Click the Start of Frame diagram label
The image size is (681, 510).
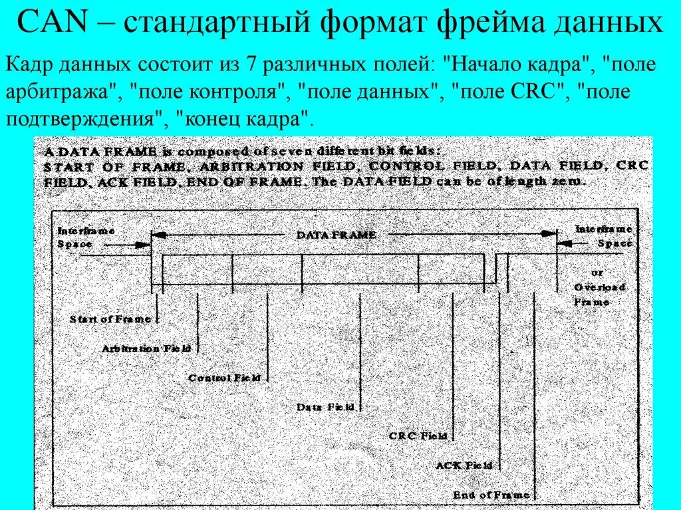(110, 319)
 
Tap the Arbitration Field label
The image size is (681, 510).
(146, 348)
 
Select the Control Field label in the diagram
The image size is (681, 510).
(224, 378)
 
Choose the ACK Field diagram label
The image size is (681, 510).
(464, 465)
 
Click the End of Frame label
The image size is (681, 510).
(491, 495)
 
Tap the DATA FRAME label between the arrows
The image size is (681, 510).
(336, 235)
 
